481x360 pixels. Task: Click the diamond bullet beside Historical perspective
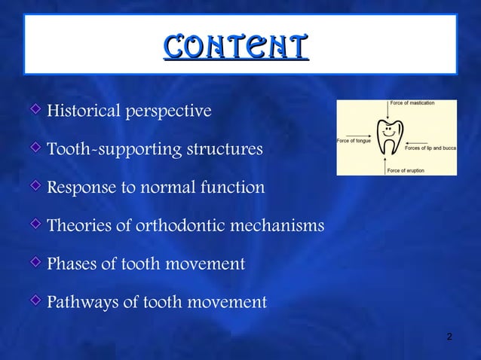tap(36, 111)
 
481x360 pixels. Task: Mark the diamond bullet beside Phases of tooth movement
tap(36, 263)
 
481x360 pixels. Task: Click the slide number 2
tap(449, 336)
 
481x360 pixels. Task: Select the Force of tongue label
tap(353, 141)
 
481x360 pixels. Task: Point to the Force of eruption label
tap(406, 171)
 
